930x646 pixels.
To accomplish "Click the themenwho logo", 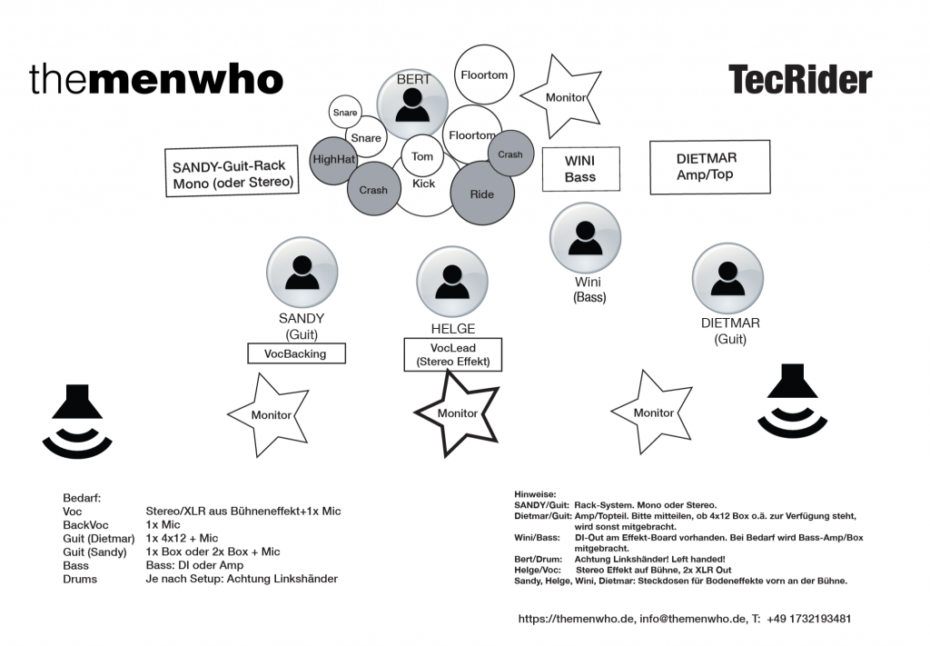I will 156,80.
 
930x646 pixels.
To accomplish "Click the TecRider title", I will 799,80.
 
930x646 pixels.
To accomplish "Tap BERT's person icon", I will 413,104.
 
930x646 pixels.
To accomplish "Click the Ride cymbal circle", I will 482,194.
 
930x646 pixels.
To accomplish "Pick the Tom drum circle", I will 422,156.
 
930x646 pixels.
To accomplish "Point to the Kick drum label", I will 423,184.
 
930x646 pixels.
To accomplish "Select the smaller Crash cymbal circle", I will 510,154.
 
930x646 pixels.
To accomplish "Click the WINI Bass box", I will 580,169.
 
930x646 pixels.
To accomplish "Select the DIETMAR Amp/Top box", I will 705,166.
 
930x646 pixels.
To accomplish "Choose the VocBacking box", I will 296,353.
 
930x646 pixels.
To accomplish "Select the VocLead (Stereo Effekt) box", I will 452,354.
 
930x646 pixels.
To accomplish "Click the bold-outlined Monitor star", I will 457,412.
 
